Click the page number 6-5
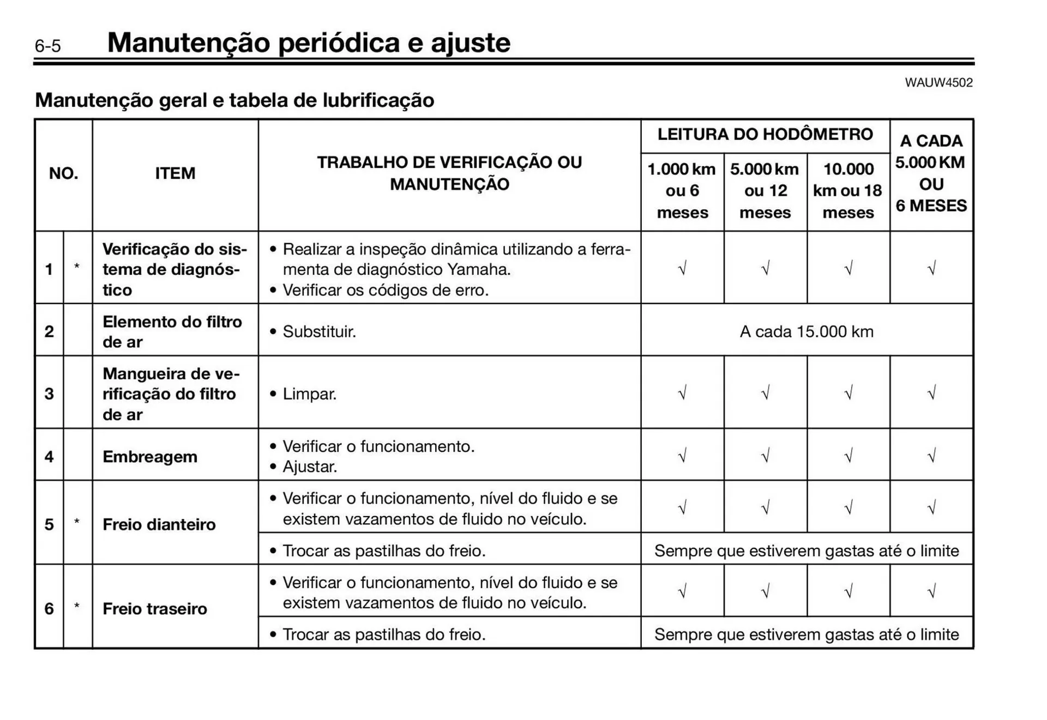(x=48, y=46)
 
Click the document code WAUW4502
(x=938, y=83)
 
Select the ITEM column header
(x=175, y=173)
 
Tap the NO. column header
(x=64, y=173)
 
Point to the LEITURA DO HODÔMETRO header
(x=765, y=135)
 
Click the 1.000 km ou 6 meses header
(x=682, y=190)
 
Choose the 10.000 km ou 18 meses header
(x=848, y=190)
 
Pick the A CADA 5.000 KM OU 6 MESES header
(x=931, y=173)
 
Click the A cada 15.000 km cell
(x=807, y=331)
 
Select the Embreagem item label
(x=150, y=457)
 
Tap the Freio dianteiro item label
(x=159, y=524)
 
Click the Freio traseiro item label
(x=155, y=608)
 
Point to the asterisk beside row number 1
(x=77, y=267)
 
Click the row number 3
(x=49, y=394)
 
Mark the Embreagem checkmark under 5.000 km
(x=765, y=455)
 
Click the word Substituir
(x=319, y=331)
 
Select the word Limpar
(x=309, y=394)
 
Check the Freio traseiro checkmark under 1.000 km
(x=682, y=591)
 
